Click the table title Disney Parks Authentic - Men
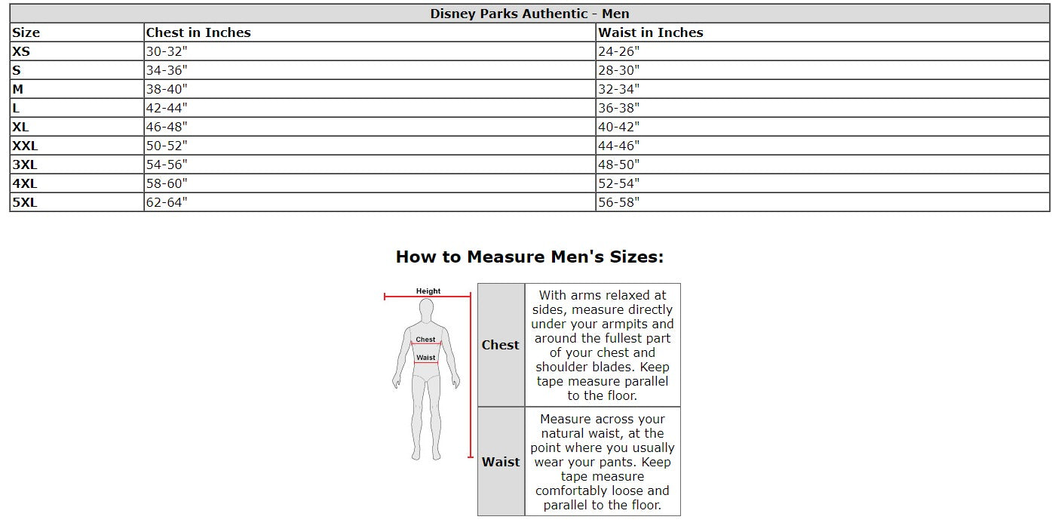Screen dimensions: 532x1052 click(x=529, y=14)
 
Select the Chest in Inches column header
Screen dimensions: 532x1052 click(x=198, y=32)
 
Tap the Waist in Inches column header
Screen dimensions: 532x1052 click(x=650, y=32)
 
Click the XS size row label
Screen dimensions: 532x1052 click(x=21, y=51)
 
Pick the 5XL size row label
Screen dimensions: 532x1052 click(x=24, y=202)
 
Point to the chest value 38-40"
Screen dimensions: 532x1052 click(x=166, y=89)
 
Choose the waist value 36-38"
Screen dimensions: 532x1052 click(x=618, y=108)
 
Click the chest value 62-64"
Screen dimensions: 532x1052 click(x=166, y=202)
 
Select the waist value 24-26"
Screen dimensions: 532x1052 click(x=618, y=51)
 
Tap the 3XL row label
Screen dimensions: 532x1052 click(x=24, y=165)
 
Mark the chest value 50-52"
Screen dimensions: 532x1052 click(x=166, y=146)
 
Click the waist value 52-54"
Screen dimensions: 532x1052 click(x=618, y=183)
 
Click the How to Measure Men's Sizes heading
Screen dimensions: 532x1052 click(x=529, y=257)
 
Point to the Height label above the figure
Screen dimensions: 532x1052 click(x=428, y=291)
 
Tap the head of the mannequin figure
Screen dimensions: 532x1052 click(x=426, y=309)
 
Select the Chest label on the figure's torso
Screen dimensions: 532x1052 click(x=426, y=340)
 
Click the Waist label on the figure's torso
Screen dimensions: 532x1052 click(x=426, y=358)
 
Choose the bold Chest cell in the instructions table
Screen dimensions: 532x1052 click(x=501, y=345)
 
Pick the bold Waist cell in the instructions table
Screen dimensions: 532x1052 click(x=501, y=462)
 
